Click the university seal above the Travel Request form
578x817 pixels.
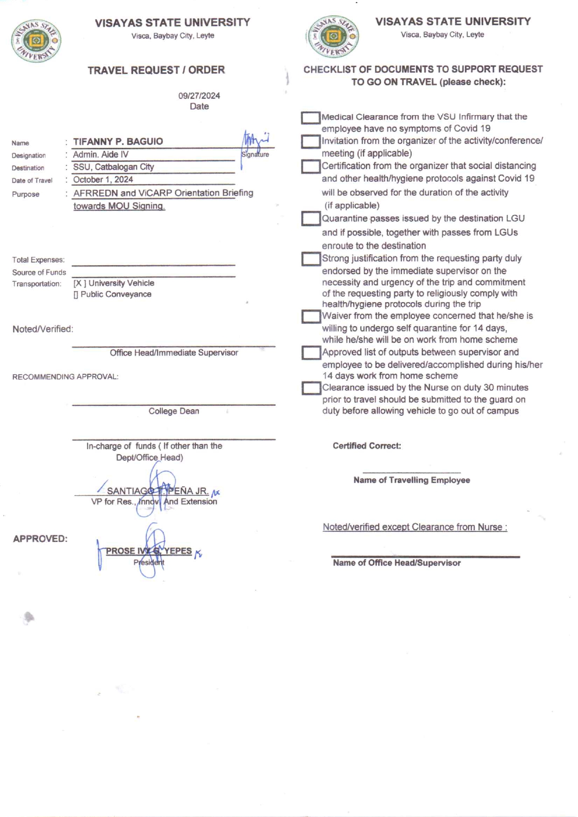pyautogui.click(x=36, y=41)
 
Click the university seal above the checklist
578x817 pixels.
pyautogui.click(x=332, y=36)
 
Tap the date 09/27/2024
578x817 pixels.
pyautogui.click(x=199, y=96)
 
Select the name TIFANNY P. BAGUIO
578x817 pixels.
pyautogui.click(x=118, y=142)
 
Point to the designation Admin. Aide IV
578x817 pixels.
pyautogui.click(x=101, y=155)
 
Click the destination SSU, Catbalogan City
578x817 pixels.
pyautogui.click(x=113, y=167)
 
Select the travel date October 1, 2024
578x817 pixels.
pyautogui.click(x=103, y=179)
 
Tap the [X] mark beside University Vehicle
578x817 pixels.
pyautogui.click(x=79, y=283)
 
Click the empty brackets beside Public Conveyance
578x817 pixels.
pyautogui.click(x=76, y=295)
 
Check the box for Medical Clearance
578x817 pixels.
pyautogui.click(x=310, y=117)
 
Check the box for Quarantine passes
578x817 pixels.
pyautogui.click(x=310, y=219)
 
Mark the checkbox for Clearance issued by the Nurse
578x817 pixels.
pyautogui.click(x=311, y=388)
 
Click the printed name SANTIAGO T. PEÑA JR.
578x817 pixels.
pyautogui.click(x=158, y=491)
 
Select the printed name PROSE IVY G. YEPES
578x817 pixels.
pyautogui.click(x=149, y=551)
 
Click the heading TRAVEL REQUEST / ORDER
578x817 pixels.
pyautogui.click(x=156, y=70)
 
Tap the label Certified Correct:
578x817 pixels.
pyautogui.click(x=367, y=446)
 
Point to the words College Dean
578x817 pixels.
pyautogui.click(x=174, y=411)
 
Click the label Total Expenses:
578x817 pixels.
pyautogui.click(x=38, y=260)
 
